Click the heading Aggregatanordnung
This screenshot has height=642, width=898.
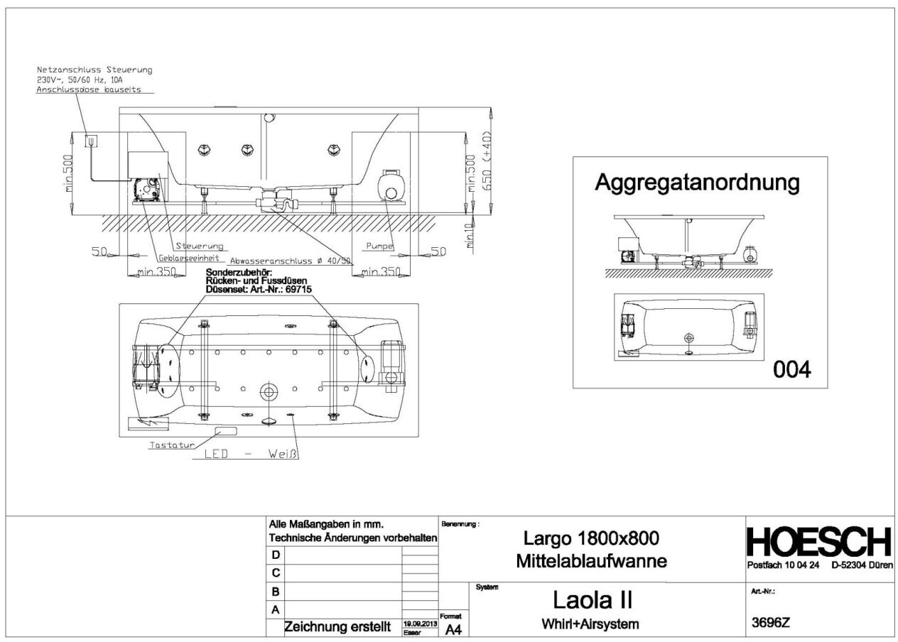tap(697, 183)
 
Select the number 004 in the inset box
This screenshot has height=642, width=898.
tap(791, 370)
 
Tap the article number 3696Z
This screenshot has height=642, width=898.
tap(771, 623)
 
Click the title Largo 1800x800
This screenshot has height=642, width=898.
tap(595, 538)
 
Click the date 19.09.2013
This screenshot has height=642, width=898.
tap(419, 622)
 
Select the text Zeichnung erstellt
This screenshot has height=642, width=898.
tap(339, 627)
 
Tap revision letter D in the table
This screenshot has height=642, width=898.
tap(276, 555)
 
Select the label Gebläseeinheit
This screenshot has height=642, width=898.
tap(189, 258)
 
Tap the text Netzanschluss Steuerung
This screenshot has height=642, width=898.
tap(94, 70)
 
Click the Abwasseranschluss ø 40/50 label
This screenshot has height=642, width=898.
tap(290, 261)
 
